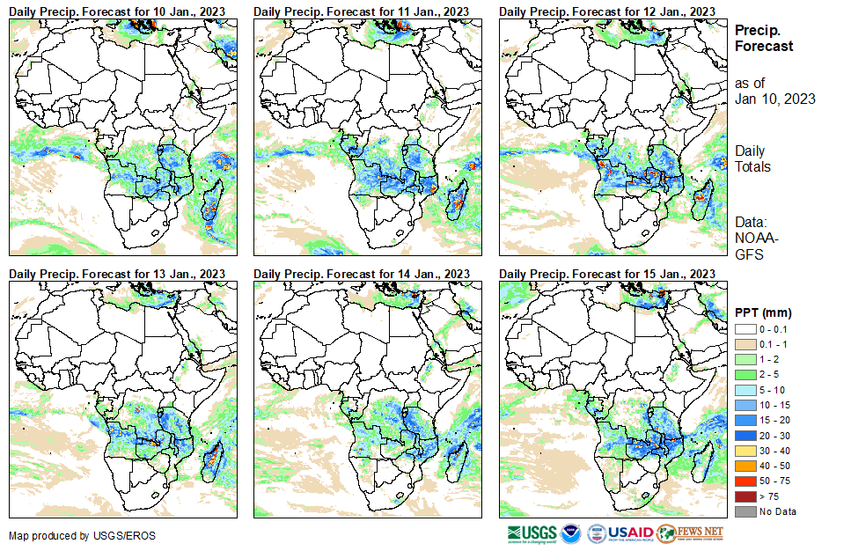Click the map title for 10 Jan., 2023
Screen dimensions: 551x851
(117, 10)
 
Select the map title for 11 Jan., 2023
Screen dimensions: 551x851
(362, 10)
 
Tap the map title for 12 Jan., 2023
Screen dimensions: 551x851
(606, 10)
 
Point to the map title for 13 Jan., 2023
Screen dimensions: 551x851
(117, 274)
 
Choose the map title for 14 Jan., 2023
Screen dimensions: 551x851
(362, 274)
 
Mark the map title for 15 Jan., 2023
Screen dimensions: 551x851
(606, 274)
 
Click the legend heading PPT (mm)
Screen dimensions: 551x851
(763, 312)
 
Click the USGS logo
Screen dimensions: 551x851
(532, 533)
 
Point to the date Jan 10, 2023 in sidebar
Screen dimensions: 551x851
(774, 99)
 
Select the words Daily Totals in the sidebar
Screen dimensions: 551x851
(752, 159)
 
